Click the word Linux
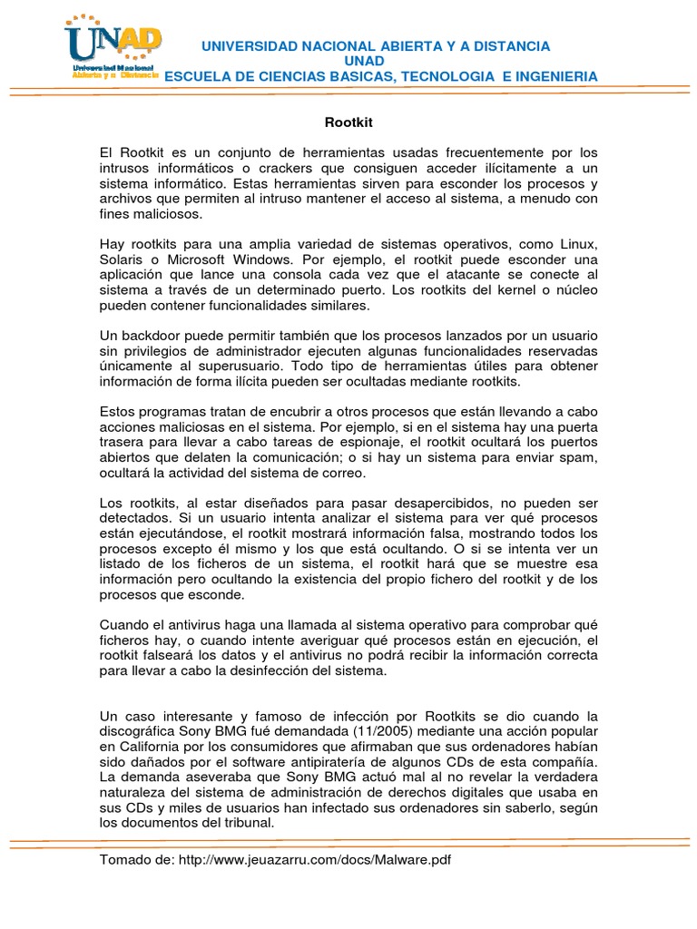point(578,245)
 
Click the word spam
point(581,457)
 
